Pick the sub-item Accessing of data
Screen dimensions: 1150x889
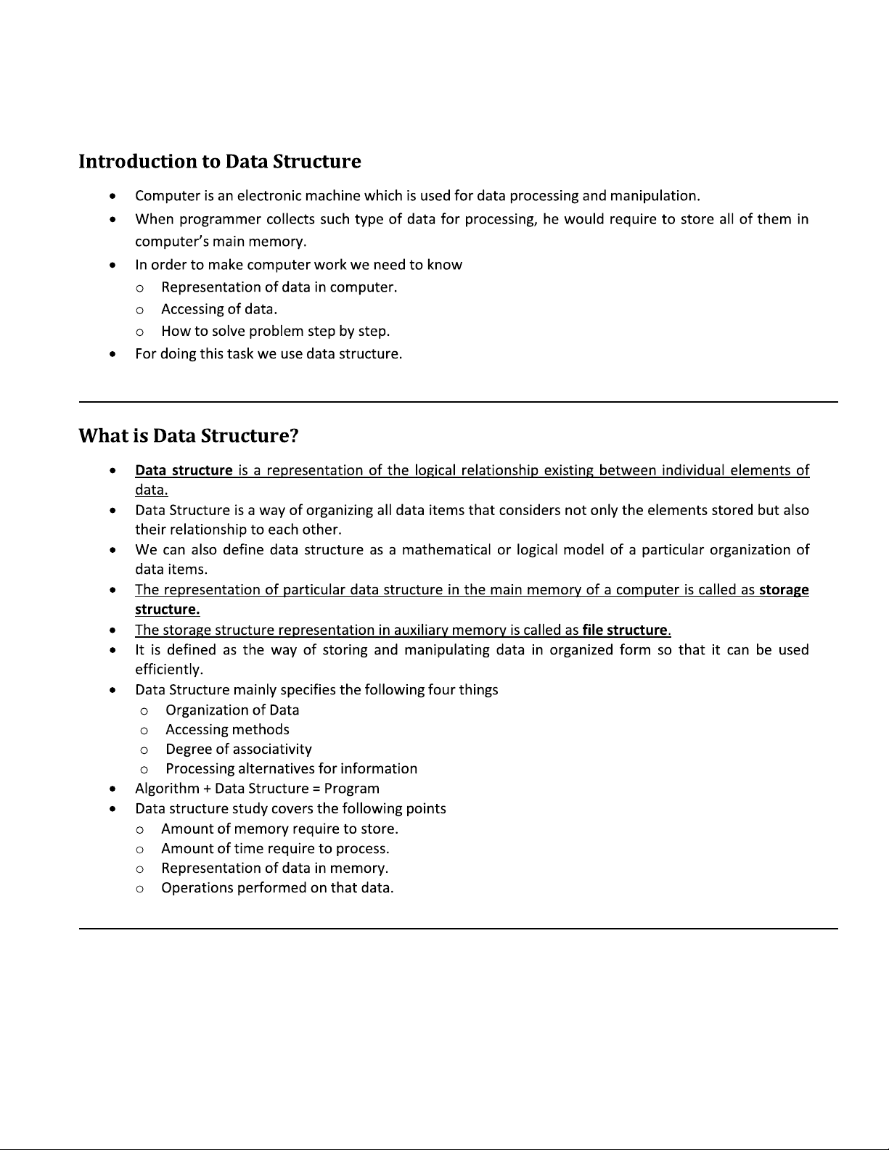(218, 309)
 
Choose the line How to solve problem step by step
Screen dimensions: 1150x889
(275, 332)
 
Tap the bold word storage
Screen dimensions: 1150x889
(784, 590)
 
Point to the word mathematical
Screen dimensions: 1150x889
(446, 550)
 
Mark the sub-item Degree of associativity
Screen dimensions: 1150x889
(238, 749)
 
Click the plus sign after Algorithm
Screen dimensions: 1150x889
(208, 789)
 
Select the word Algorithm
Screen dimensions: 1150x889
(167, 789)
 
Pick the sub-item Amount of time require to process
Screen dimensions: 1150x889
(275, 849)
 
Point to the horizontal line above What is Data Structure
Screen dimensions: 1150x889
(458, 401)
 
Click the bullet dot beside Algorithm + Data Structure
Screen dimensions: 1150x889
(111, 789)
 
